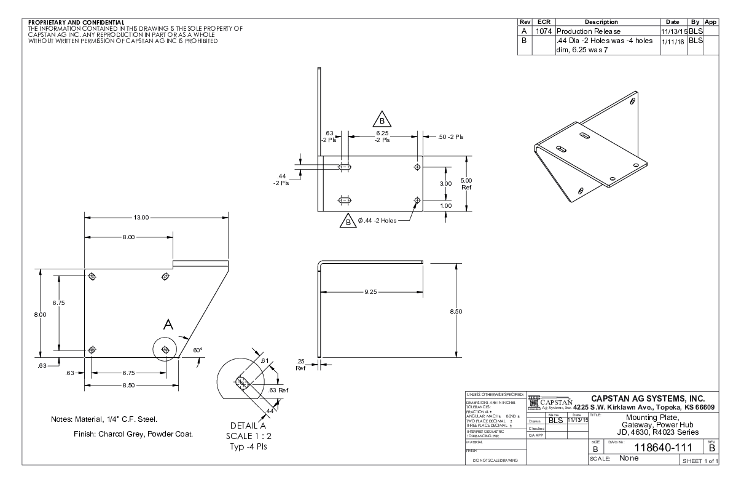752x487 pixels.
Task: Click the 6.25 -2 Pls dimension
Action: [x=382, y=136]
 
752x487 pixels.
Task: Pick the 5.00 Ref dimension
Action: [x=466, y=183]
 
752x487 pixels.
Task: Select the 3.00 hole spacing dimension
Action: [x=446, y=183]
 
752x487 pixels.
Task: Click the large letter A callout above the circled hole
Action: [x=168, y=325]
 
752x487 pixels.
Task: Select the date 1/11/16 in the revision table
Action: [x=670, y=41]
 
